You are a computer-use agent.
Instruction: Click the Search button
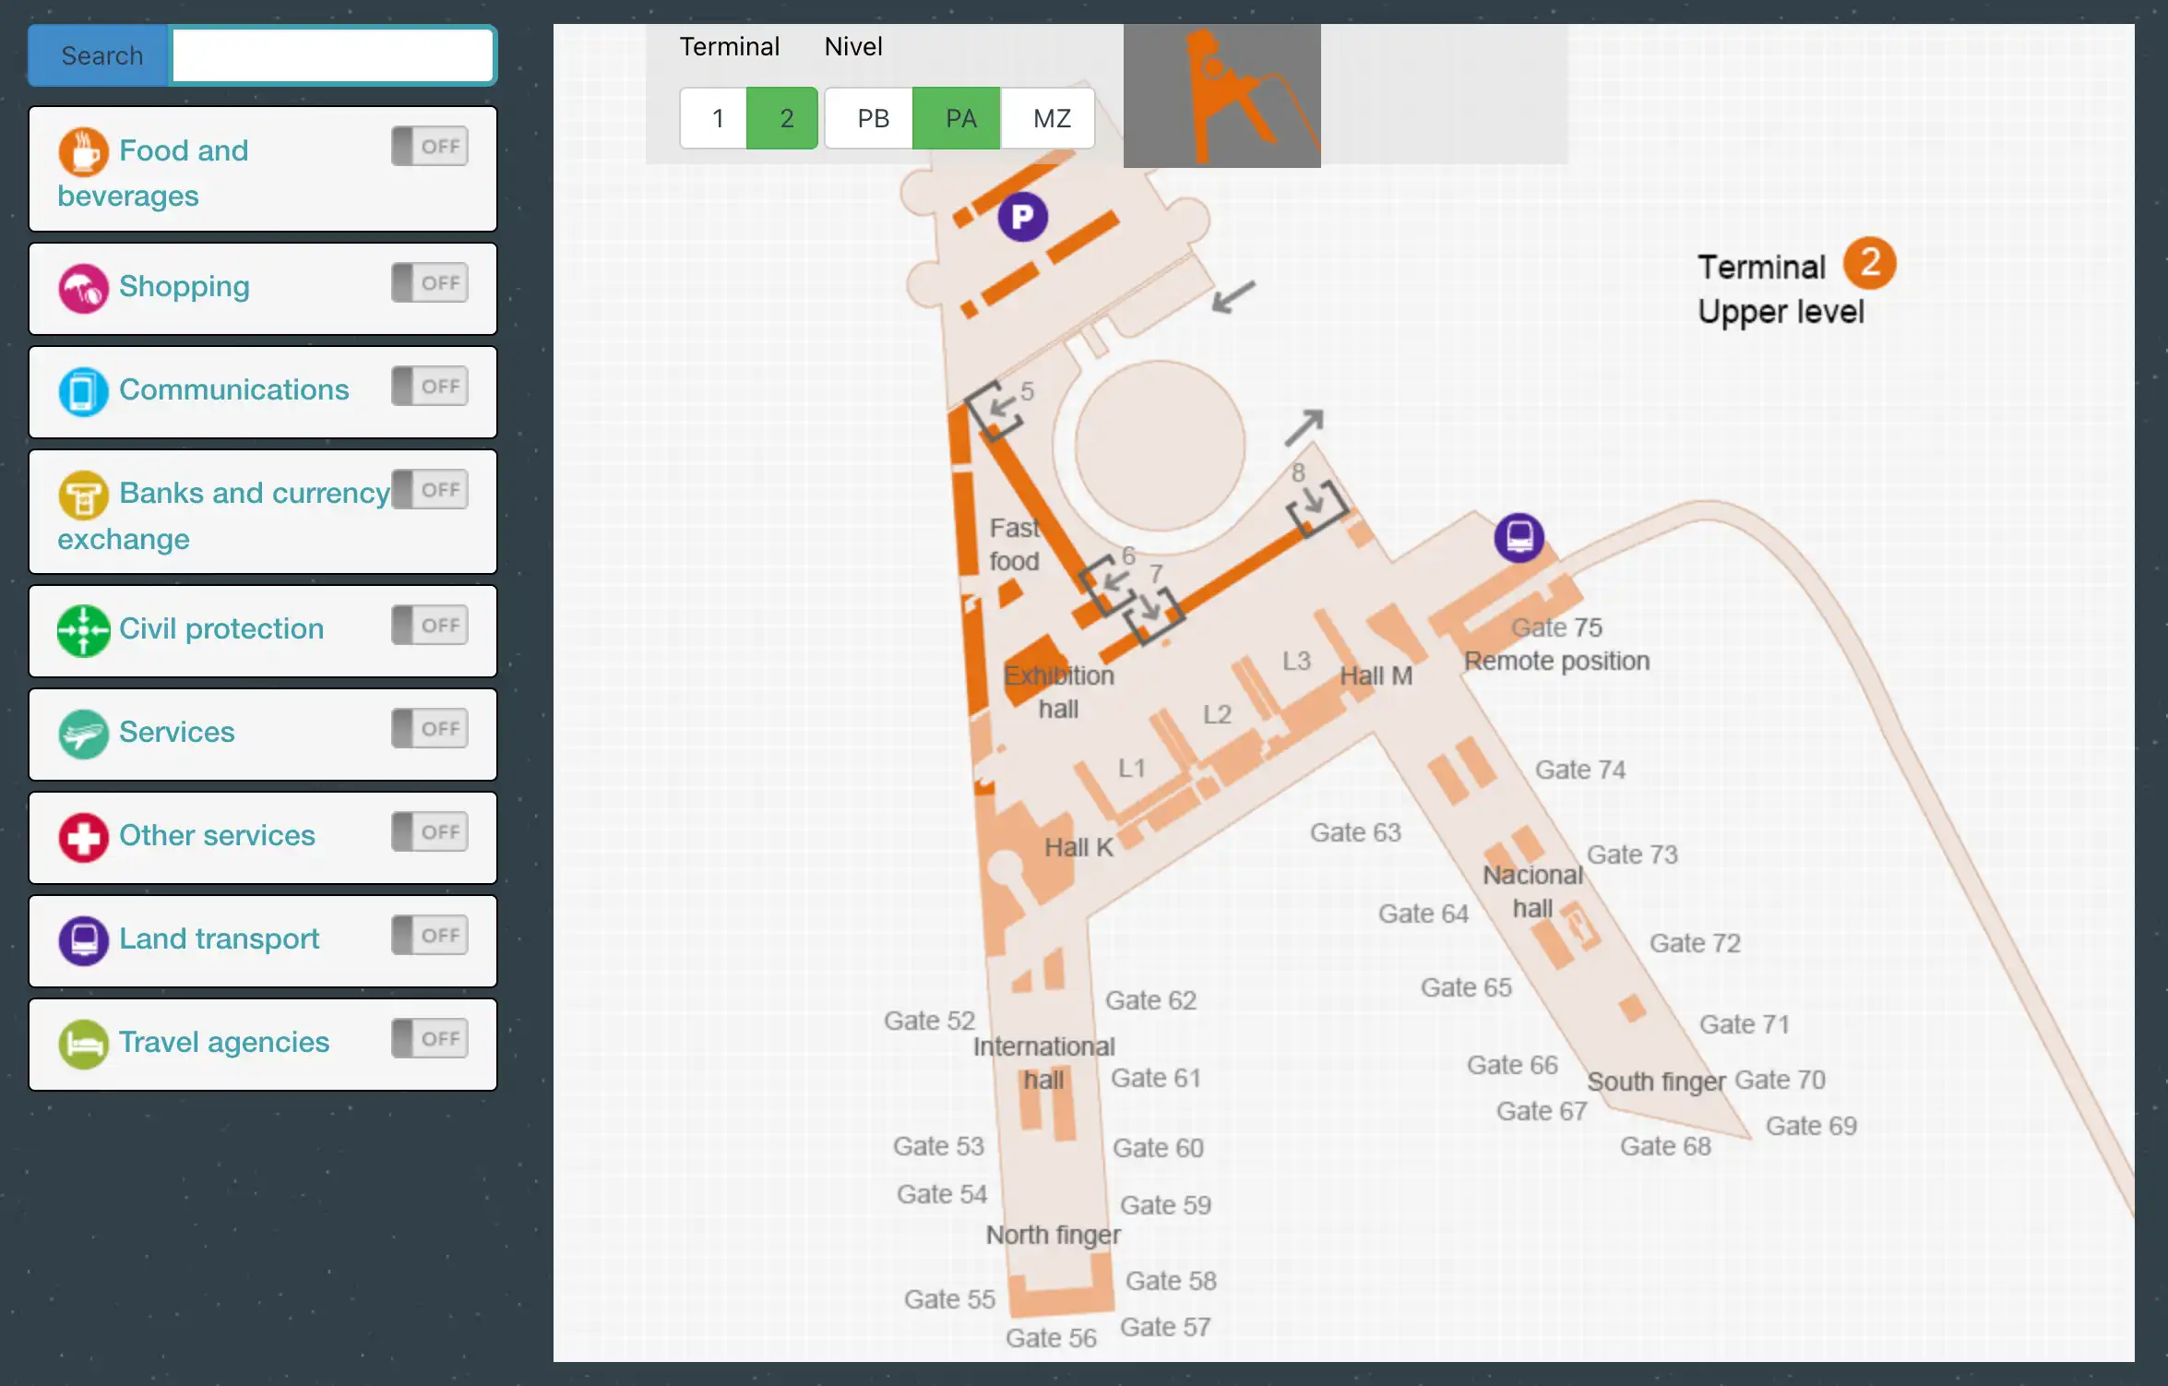point(101,56)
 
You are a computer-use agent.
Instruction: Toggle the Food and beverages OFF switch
point(430,147)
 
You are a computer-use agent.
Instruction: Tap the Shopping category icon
point(83,289)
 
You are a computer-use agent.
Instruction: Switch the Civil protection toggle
point(430,626)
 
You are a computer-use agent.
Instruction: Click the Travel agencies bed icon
point(83,1045)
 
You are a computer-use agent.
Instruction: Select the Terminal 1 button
point(716,119)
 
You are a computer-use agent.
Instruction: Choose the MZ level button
point(1051,119)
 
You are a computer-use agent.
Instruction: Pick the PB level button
point(872,119)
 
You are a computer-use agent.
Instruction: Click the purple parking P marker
point(1022,218)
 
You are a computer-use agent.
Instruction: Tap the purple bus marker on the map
point(1519,537)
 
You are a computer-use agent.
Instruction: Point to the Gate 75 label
point(1556,628)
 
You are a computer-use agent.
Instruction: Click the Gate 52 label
point(929,1021)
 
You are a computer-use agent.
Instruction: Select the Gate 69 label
point(1811,1126)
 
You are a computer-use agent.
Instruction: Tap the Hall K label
point(1078,848)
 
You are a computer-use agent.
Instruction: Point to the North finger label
point(1054,1235)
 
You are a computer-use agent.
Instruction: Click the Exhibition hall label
point(1059,692)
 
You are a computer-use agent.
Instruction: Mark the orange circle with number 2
point(1869,263)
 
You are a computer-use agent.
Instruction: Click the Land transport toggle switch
point(430,936)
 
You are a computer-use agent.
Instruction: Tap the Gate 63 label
point(1355,833)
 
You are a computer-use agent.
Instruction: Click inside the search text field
point(332,56)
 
